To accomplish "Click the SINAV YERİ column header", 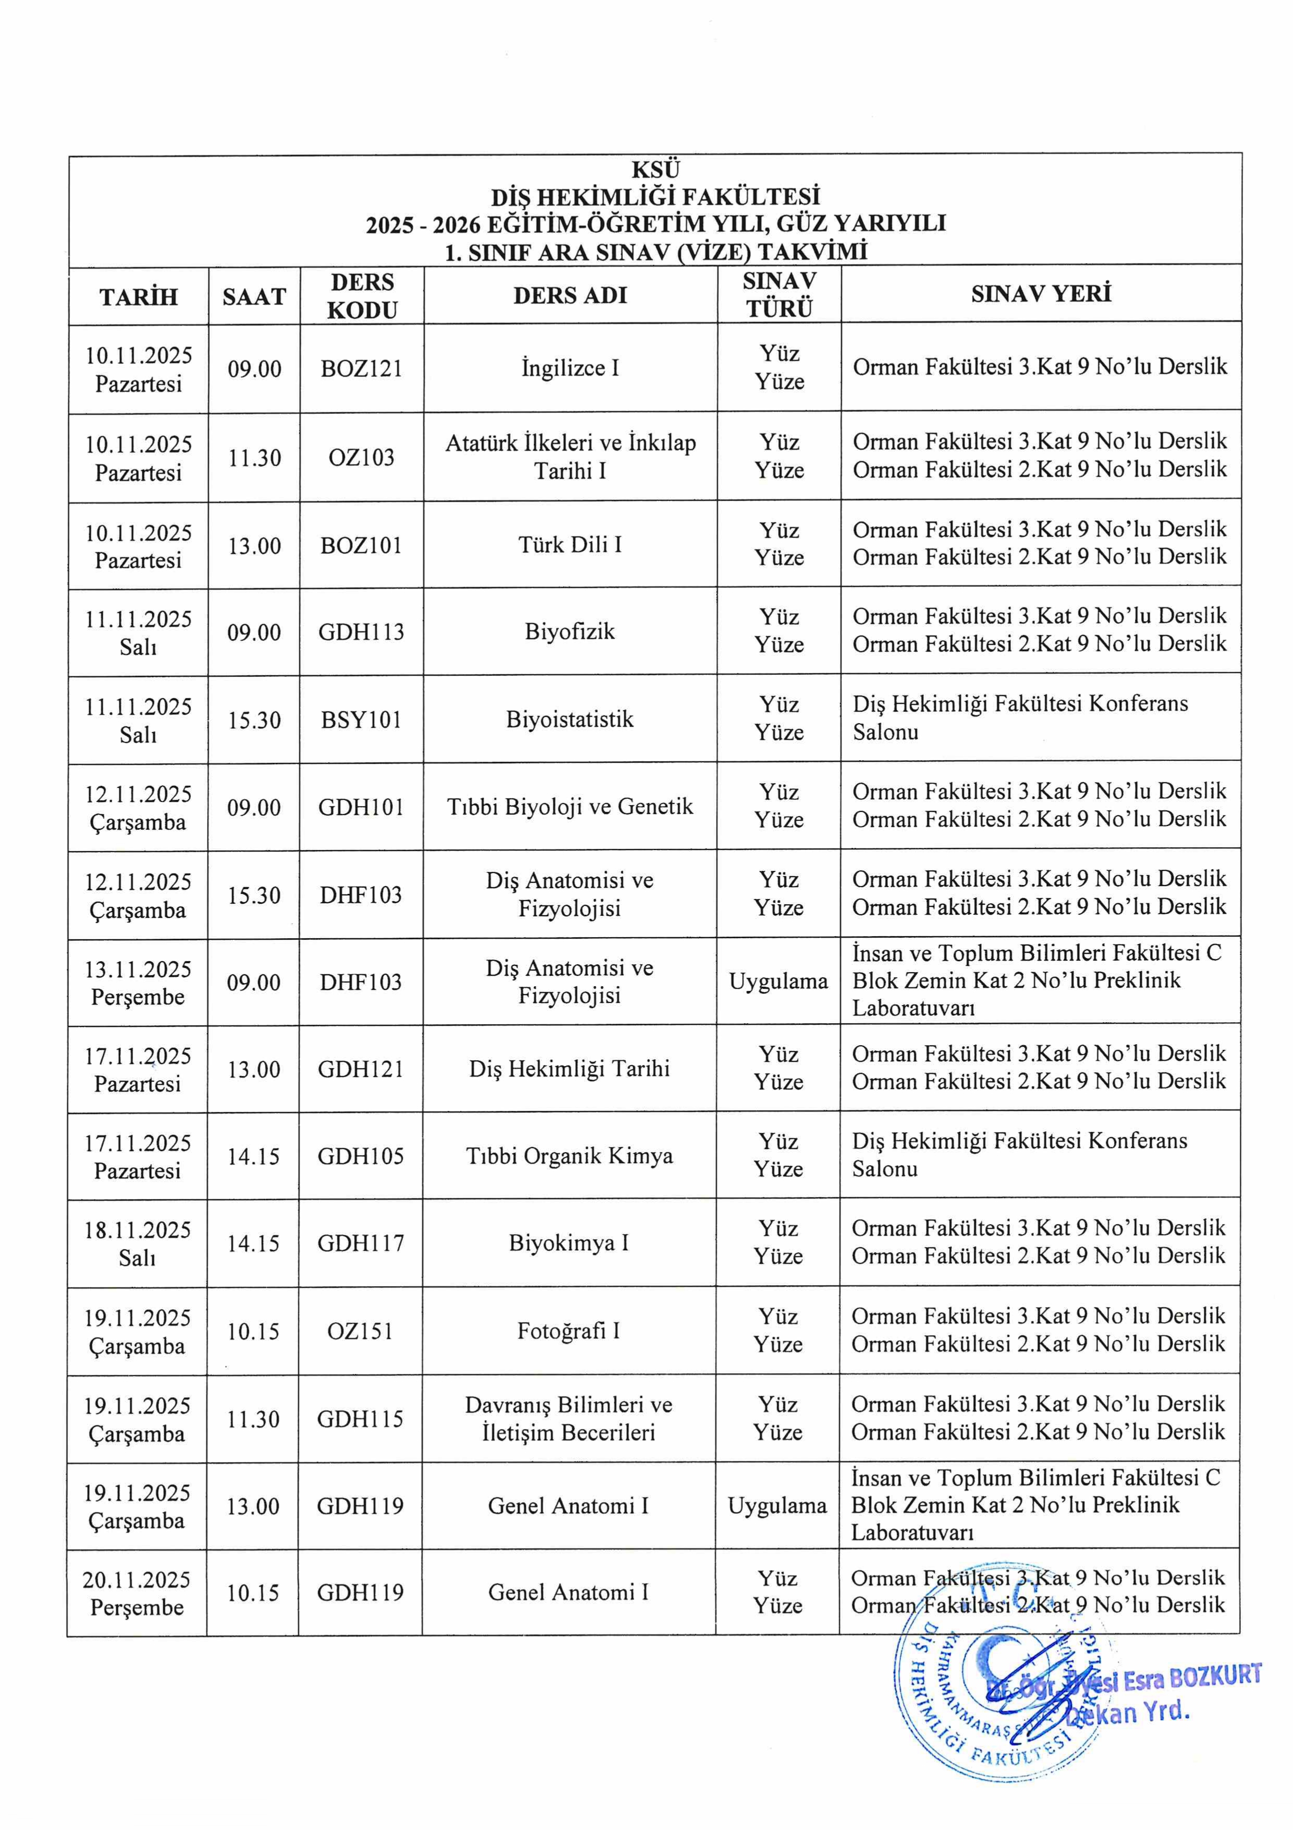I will coord(1041,294).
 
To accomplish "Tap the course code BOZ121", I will coord(361,368).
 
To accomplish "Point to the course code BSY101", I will coord(361,720).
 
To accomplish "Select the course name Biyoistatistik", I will coord(570,719).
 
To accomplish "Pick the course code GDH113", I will coord(361,632).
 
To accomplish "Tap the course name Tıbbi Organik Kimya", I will coord(569,1156).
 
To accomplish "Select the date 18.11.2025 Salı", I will coord(137,1243).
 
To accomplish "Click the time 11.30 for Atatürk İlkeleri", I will coord(254,458).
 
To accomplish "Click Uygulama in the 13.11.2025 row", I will coord(778,981).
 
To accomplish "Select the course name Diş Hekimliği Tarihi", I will coord(569,1069).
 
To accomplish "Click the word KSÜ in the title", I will coord(655,170).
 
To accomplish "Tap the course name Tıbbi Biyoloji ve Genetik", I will coord(570,807).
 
